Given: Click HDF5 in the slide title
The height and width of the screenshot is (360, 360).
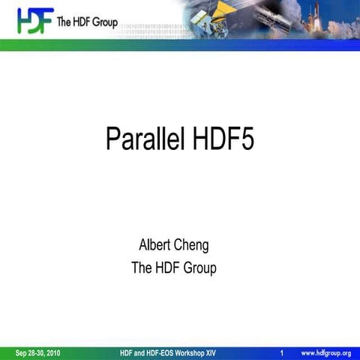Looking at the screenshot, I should pyautogui.click(x=223, y=139).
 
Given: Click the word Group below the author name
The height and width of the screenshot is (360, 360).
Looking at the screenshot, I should pyautogui.click(x=199, y=267).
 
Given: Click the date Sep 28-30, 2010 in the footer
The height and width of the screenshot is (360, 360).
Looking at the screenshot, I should pyautogui.click(x=38, y=352).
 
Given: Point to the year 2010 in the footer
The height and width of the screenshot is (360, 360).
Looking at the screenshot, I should pyautogui.click(x=51, y=352).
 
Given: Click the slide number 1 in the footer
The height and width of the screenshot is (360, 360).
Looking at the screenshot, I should pyautogui.click(x=280, y=352).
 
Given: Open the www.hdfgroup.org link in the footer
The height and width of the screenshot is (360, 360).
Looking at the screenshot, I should pyautogui.click(x=325, y=352).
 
